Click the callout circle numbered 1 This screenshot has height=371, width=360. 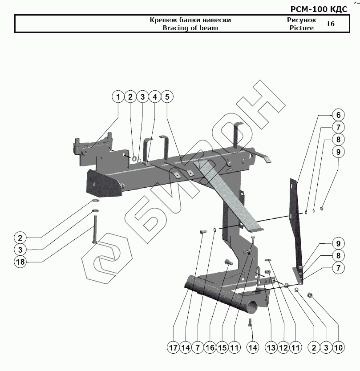point(118,97)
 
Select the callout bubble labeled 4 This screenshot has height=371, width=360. point(155,97)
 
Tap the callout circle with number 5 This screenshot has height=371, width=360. point(167,97)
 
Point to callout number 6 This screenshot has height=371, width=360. point(338,115)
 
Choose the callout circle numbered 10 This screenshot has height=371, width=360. point(338,347)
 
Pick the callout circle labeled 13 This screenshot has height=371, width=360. point(270,347)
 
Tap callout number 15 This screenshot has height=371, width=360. point(222,347)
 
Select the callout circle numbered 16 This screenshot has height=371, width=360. point(210,347)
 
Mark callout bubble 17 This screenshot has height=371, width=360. point(174,347)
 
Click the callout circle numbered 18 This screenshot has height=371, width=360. point(20,262)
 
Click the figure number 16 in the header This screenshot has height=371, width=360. point(330,24)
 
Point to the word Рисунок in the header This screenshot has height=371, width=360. point(301,20)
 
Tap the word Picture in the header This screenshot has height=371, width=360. point(301,28)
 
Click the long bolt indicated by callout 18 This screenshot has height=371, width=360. point(95,228)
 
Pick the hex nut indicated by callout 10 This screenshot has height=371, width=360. point(310,295)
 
